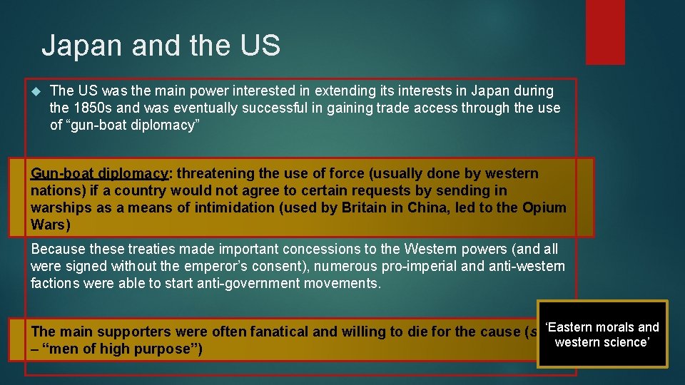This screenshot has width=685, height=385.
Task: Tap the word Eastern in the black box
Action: coord(571,327)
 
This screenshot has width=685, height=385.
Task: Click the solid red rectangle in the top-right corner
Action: coord(604,32)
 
